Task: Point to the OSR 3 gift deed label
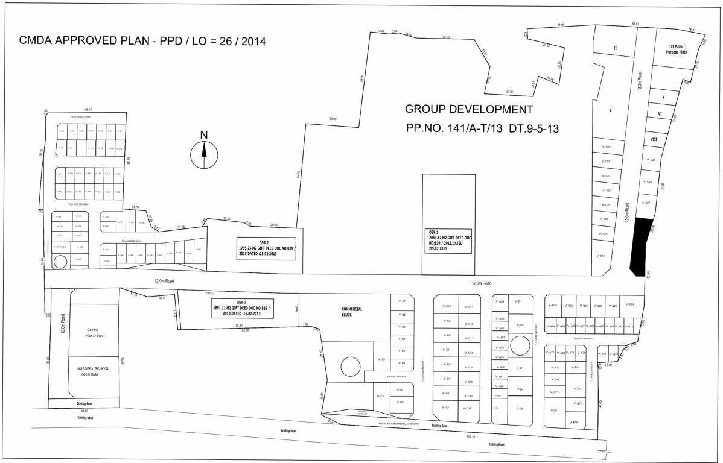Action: coord(241,308)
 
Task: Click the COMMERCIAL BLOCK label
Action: coord(351,312)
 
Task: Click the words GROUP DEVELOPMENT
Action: coord(469,110)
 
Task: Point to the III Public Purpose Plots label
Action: coord(677,49)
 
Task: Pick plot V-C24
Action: coord(607,146)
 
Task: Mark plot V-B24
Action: coord(631,305)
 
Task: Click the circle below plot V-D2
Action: coord(518,345)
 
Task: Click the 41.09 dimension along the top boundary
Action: coord(561,25)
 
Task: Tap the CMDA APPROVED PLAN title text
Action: coord(142,41)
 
